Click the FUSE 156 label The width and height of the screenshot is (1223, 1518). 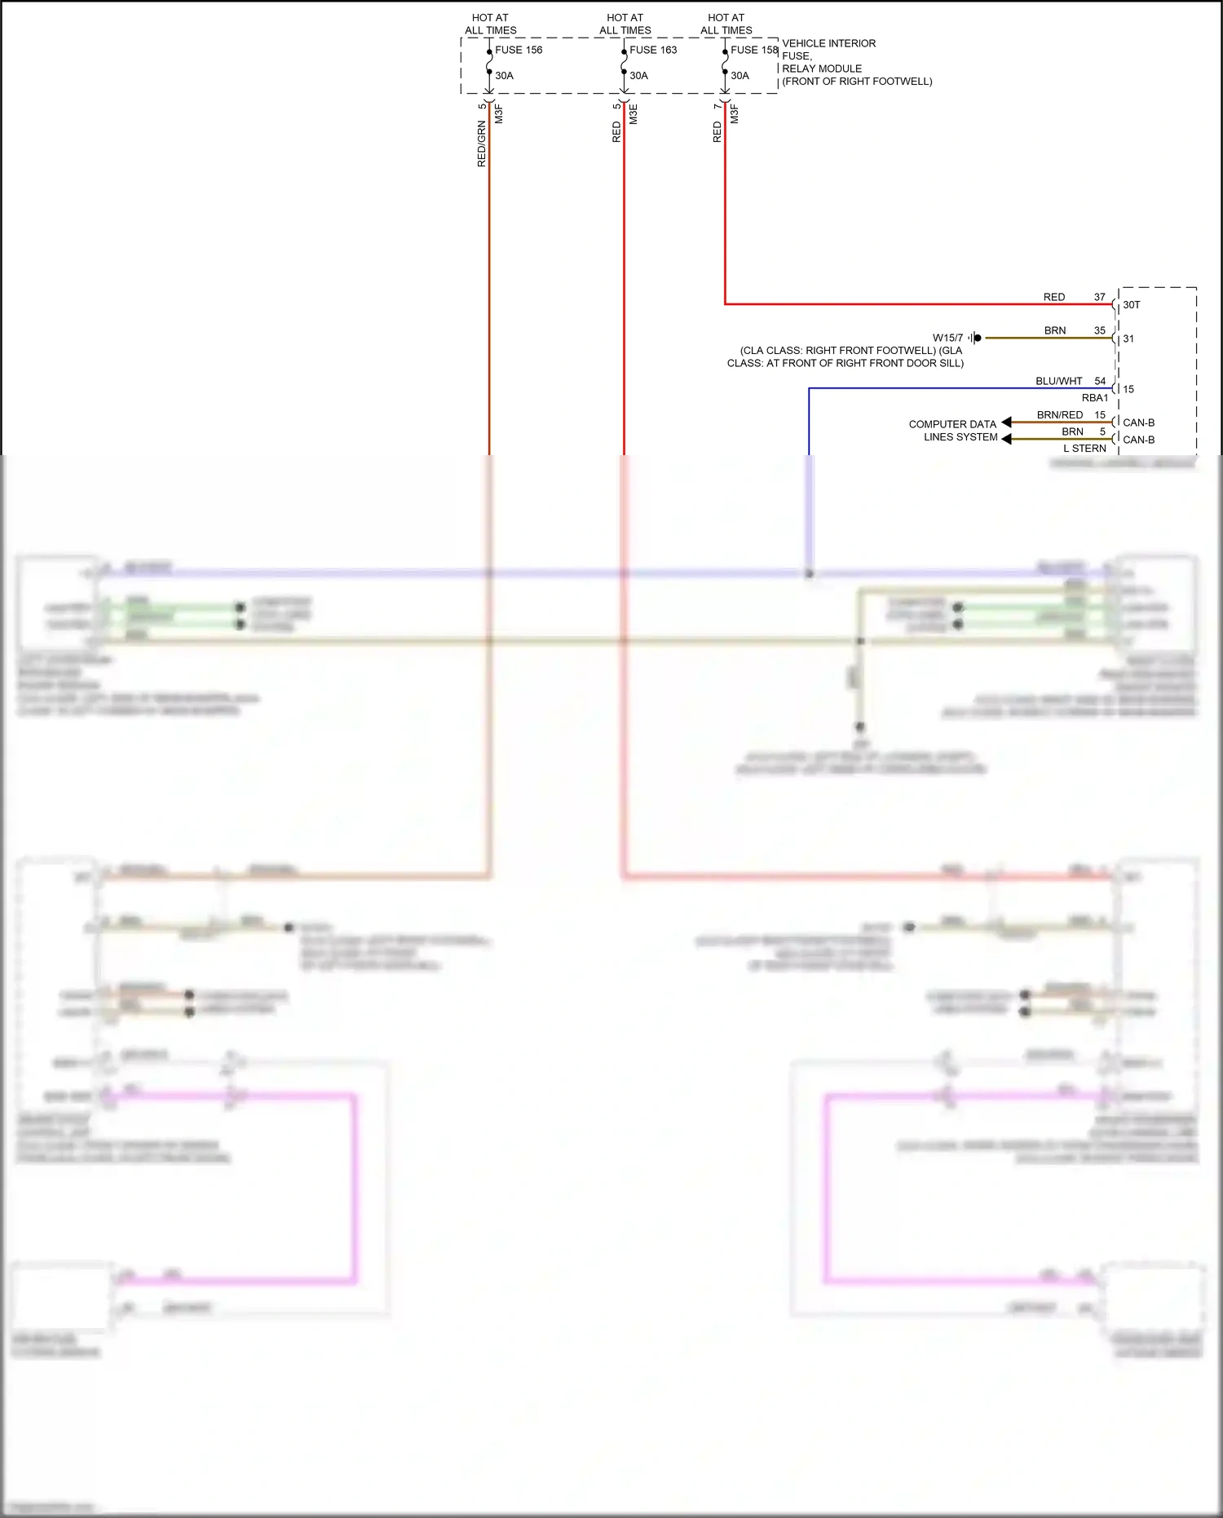(519, 50)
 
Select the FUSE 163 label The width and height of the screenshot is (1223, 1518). (653, 50)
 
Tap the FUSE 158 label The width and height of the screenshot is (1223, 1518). (754, 50)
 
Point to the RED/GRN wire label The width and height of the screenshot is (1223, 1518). (481, 144)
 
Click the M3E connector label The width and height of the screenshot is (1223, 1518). (634, 114)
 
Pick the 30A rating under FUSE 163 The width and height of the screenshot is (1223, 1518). (638, 76)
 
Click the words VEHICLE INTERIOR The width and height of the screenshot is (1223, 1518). (828, 43)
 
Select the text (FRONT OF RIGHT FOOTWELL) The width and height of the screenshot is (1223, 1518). (857, 82)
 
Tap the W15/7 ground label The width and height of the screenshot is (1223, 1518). (947, 338)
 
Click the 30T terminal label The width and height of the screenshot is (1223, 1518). (1132, 305)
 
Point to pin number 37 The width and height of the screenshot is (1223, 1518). (1100, 297)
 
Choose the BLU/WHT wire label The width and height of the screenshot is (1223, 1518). (1058, 381)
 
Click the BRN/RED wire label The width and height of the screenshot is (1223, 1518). (1059, 415)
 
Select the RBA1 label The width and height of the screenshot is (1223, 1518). (1095, 398)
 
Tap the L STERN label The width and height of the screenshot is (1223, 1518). (1084, 449)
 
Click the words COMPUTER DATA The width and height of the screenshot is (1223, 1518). (952, 424)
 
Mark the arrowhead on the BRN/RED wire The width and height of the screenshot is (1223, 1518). (1007, 423)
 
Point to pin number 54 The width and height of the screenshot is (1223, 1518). (1100, 381)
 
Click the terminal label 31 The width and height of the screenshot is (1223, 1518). (1128, 339)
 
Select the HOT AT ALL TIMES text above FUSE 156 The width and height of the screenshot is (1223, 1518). (490, 24)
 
